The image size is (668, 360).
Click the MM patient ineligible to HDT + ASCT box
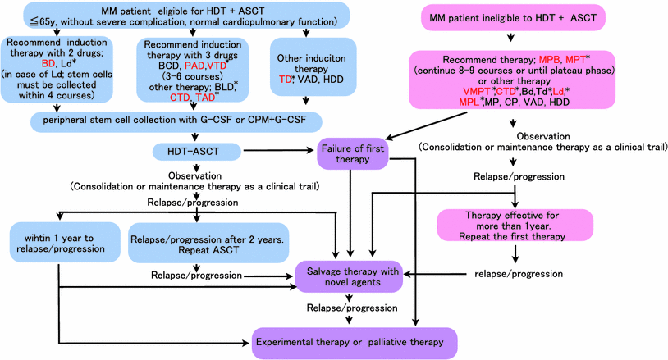512,16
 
